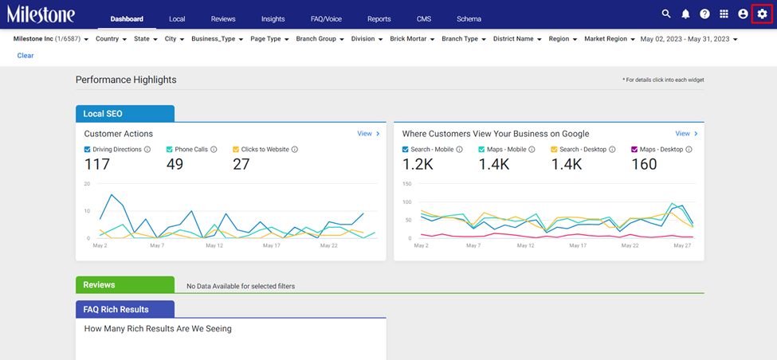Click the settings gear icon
point(762,14)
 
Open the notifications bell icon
point(685,14)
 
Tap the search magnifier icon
point(666,14)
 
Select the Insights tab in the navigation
point(273,19)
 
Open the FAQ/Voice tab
point(326,19)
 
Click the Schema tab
point(469,19)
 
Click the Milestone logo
point(41,14)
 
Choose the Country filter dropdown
point(111,38)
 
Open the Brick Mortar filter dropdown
point(412,38)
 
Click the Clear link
point(26,56)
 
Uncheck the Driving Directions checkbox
point(87,149)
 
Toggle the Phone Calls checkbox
point(170,149)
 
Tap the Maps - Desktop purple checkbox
point(634,149)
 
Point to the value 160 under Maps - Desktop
point(644,164)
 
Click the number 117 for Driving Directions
point(96,164)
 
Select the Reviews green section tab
point(125,284)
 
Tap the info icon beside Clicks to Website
point(294,149)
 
